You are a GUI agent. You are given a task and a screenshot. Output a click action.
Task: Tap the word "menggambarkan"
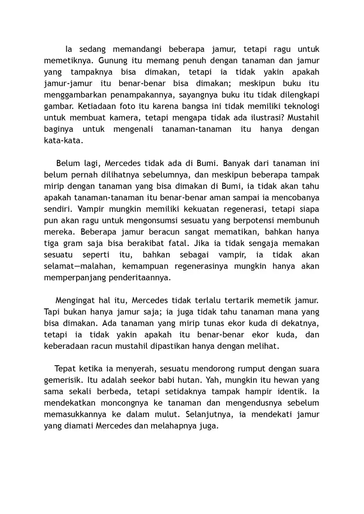tap(74, 95)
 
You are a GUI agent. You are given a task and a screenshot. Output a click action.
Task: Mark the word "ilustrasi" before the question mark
tap(251, 118)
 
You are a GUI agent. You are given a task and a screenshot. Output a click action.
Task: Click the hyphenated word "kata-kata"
tap(63, 141)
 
